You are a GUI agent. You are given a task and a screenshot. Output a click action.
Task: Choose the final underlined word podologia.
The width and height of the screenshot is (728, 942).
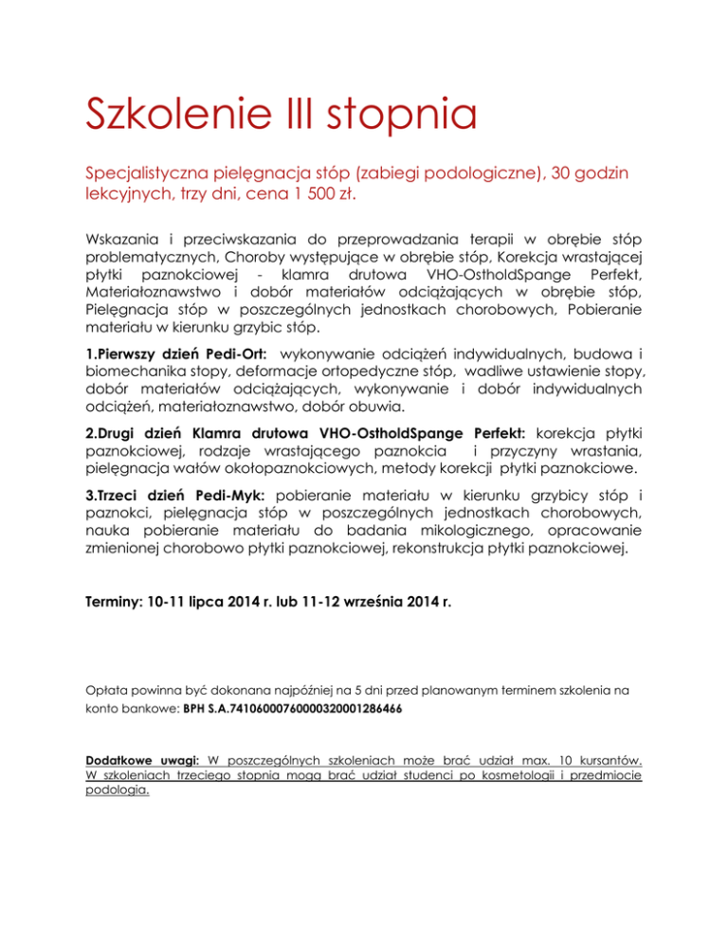[x=117, y=794]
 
